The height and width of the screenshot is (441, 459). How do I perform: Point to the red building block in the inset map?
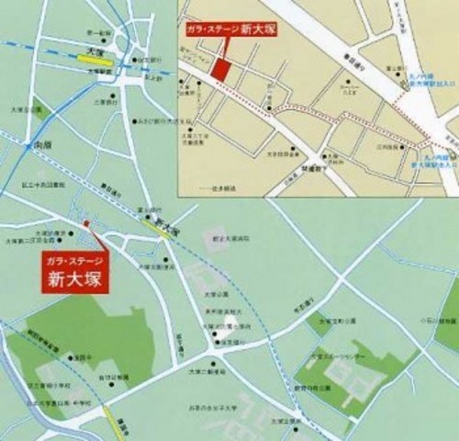[x=220, y=65]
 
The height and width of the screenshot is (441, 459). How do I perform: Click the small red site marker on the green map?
[x=85, y=223]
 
